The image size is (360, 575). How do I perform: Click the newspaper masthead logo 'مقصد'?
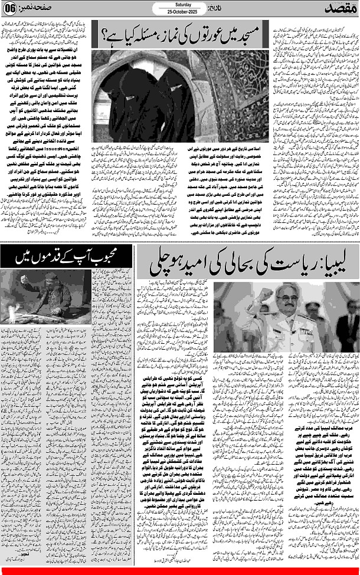pos(341,10)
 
